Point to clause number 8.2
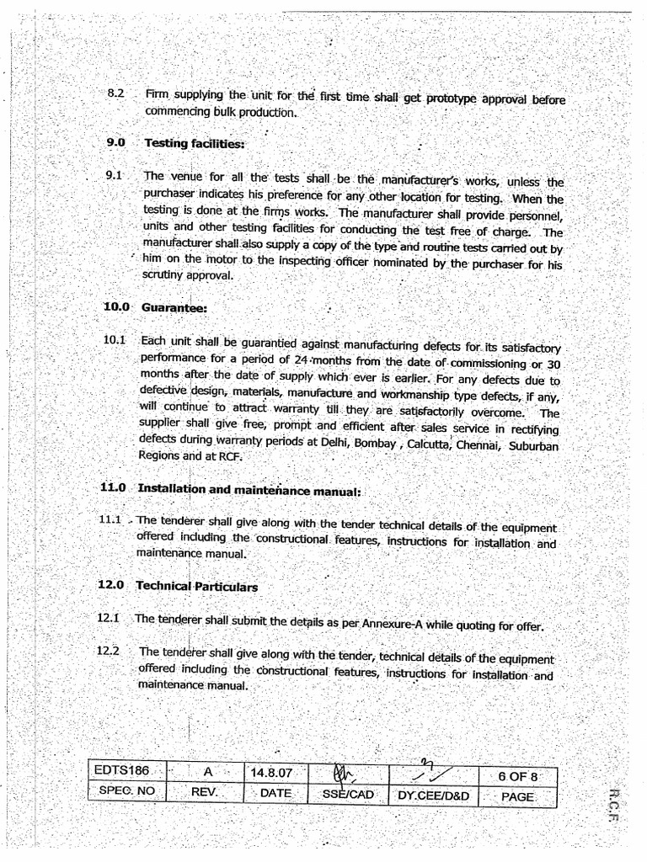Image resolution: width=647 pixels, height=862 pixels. [x=116, y=94]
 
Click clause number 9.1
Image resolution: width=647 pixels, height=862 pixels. [x=115, y=176]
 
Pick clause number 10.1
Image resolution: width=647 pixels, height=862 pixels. [x=115, y=340]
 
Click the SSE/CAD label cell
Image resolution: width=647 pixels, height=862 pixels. [x=347, y=794]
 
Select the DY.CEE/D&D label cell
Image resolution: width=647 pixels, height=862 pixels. [x=432, y=795]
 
